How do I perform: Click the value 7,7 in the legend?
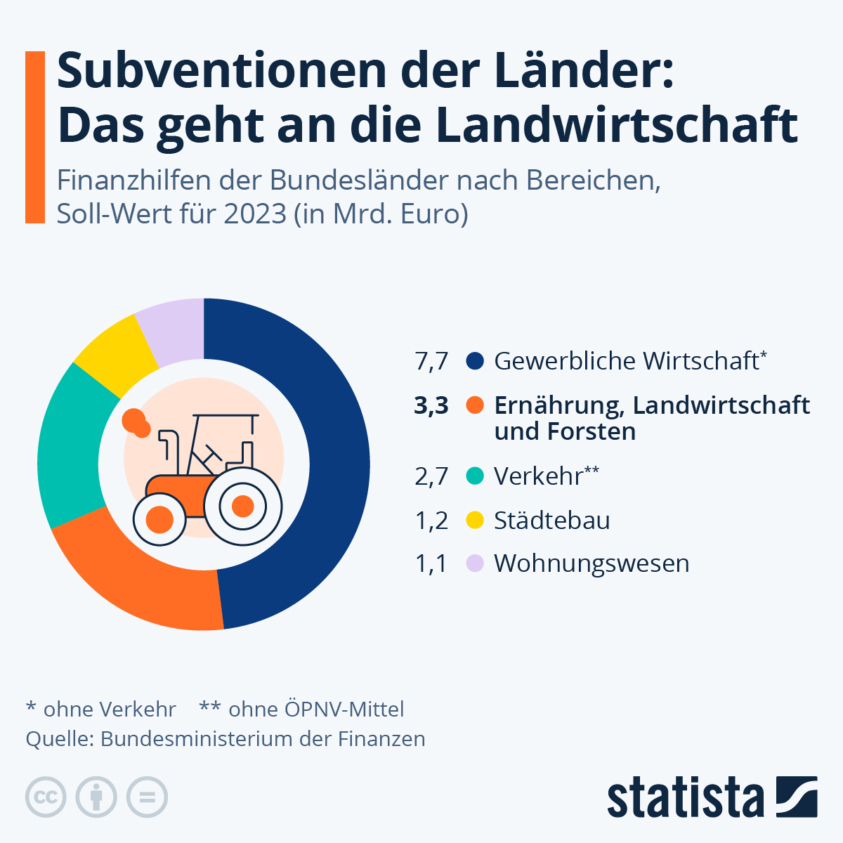431,361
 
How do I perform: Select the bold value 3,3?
431,405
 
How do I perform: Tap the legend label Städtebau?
551,521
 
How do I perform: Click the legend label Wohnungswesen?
592,563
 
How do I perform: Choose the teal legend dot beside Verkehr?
476,476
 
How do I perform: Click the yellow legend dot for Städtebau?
476,521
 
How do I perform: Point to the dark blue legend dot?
476,361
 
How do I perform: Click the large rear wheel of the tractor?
242,506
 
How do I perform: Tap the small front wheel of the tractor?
159,520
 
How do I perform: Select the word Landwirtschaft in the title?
616,125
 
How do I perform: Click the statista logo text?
685,797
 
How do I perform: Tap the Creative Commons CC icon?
46,797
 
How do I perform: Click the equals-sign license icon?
147,797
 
